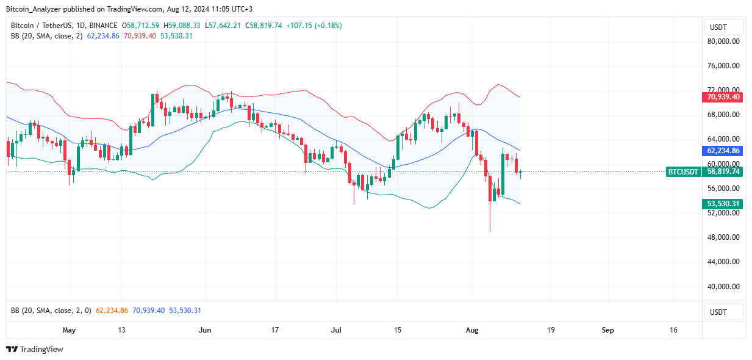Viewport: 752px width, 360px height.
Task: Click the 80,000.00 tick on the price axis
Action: [x=723, y=41]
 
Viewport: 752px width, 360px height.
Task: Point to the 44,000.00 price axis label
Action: [x=723, y=262]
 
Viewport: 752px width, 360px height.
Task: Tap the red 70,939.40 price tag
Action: [x=723, y=97]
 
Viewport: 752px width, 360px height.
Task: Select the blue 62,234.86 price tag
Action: [x=723, y=150]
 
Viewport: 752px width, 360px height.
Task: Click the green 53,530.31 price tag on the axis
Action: [x=723, y=204]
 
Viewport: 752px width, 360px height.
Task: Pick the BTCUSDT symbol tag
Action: [x=683, y=172]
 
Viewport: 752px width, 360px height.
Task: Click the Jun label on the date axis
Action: [x=205, y=330]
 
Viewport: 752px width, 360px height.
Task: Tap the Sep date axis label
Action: [x=607, y=330]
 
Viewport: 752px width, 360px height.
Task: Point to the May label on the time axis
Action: [x=69, y=330]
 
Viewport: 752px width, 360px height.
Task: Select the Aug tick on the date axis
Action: [x=473, y=330]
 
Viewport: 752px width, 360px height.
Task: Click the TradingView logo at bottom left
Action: [x=35, y=350]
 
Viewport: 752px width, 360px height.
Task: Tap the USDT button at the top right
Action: [x=723, y=27]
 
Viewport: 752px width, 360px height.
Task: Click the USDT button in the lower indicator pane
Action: [x=723, y=312]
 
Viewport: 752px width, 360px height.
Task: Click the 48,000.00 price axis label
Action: [x=723, y=237]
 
